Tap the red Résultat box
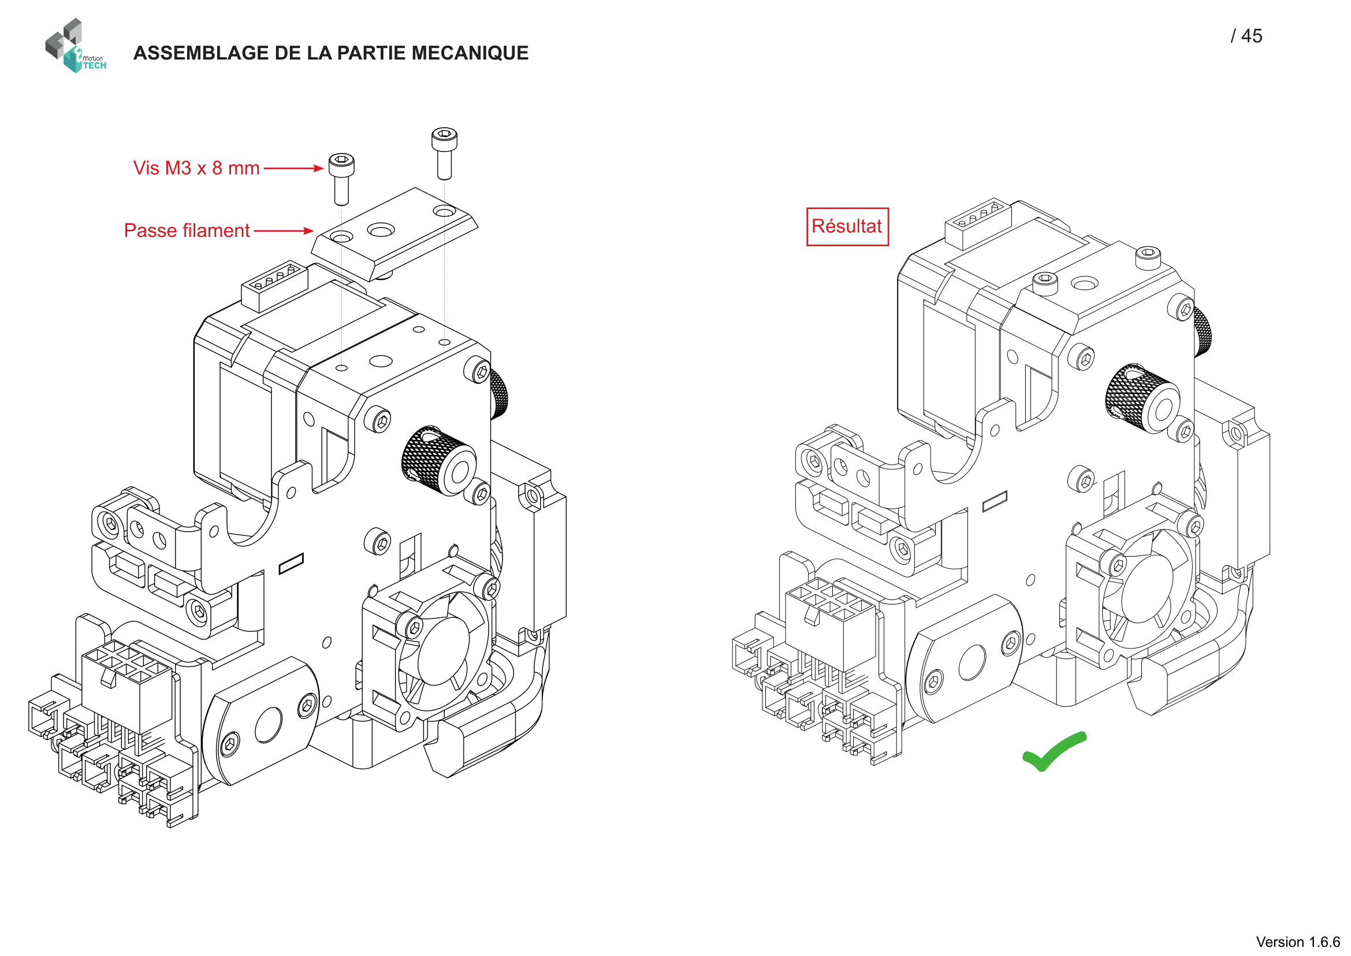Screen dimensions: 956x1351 point(847,227)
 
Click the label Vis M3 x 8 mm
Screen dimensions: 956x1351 point(196,168)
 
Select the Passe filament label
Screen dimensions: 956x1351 point(187,231)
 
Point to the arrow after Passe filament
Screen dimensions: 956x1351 point(284,231)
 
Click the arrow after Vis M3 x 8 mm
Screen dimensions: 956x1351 point(293,168)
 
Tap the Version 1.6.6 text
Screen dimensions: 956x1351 point(1297,942)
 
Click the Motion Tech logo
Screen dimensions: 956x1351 point(75,46)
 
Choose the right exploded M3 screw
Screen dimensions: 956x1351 point(444,153)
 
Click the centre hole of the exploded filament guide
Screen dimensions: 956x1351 point(381,229)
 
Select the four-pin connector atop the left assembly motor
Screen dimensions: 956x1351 point(274,286)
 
